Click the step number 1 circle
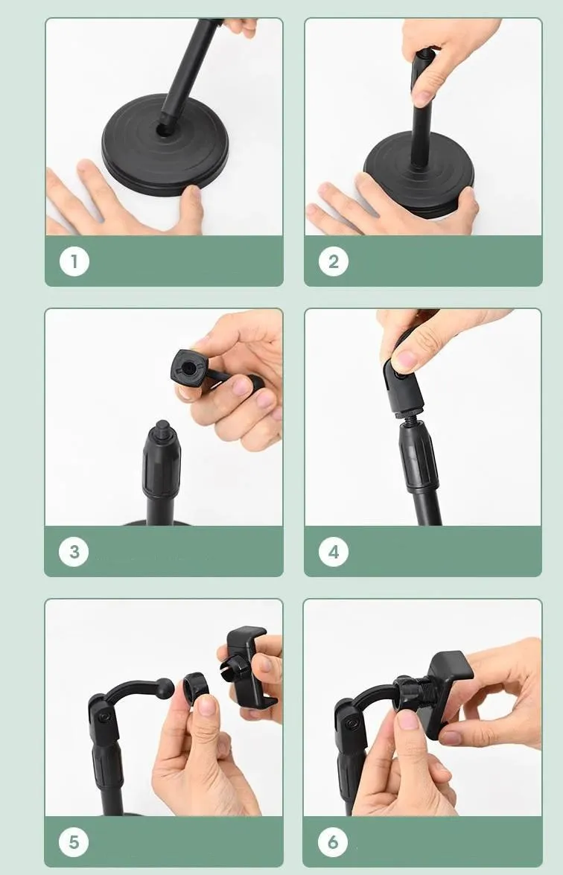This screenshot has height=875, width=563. tap(74, 261)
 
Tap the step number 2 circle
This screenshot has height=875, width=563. tap(334, 261)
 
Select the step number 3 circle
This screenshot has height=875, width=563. tap(74, 552)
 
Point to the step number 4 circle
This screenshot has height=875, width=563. tap(334, 552)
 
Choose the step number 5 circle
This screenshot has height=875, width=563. tap(74, 842)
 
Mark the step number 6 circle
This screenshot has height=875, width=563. tap(333, 842)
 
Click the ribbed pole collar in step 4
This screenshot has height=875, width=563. tap(419, 456)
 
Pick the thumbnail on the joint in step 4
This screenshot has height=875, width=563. tap(406, 360)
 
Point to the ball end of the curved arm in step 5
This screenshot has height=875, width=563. tap(166, 684)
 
